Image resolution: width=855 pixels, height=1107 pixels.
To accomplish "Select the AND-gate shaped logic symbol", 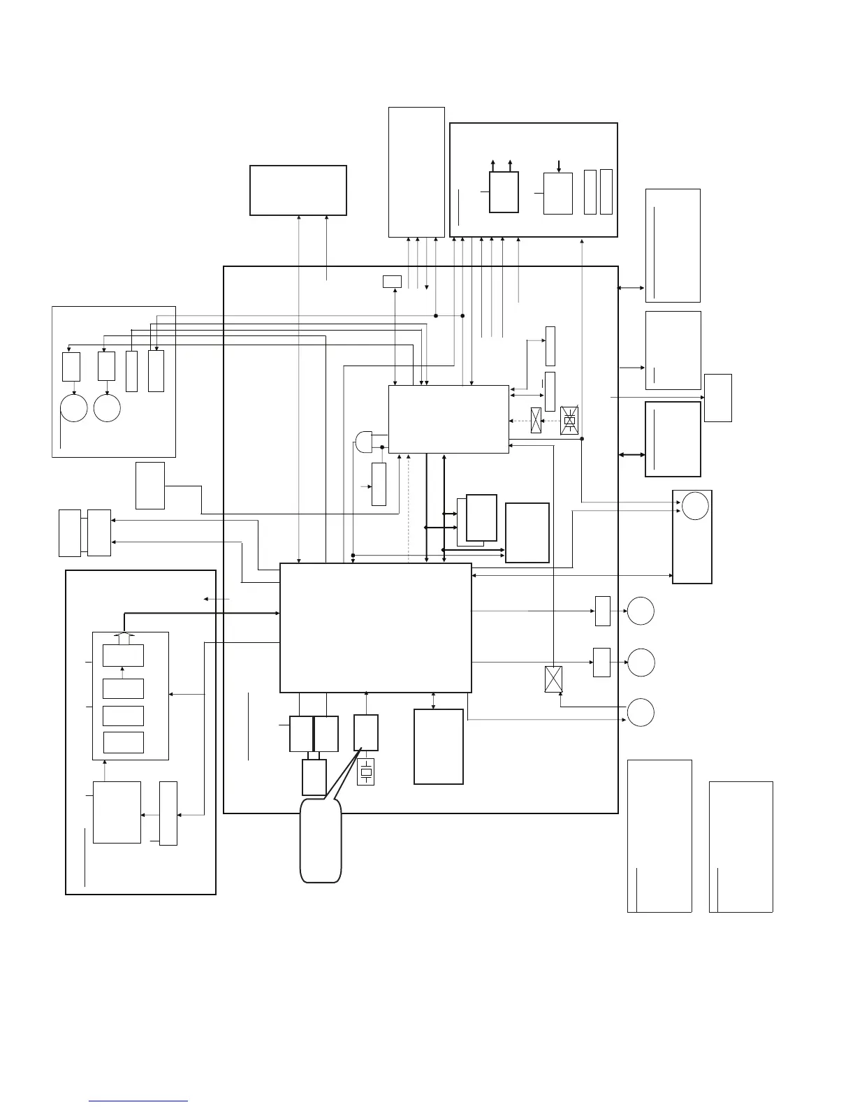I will [x=364, y=441].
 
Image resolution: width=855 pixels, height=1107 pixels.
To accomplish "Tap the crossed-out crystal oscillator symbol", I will [x=570, y=419].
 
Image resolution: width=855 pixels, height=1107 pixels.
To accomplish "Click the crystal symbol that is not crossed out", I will [x=365, y=772].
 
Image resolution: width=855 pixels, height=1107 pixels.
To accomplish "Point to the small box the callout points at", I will [x=366, y=732].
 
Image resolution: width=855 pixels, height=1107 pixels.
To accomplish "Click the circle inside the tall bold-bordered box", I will [x=695, y=505].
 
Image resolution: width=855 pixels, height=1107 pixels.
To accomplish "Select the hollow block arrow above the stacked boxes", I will [x=124, y=637].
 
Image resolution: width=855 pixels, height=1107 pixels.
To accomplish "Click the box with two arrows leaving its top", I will [x=504, y=192].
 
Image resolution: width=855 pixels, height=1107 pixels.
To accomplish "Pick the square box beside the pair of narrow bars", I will [x=557, y=193].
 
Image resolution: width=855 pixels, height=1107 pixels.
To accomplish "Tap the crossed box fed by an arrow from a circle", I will [x=553, y=679].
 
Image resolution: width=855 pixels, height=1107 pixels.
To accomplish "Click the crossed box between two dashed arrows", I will [x=536, y=420].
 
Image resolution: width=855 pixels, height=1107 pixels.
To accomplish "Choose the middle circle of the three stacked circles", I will [x=641, y=662].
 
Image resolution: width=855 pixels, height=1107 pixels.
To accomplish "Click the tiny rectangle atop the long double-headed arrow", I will [x=393, y=281].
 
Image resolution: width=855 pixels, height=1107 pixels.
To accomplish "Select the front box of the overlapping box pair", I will [x=481, y=517].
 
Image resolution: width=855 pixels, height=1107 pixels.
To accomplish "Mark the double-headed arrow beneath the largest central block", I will [x=434, y=701].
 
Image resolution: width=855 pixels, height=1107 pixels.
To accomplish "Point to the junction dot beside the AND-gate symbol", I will [x=383, y=447].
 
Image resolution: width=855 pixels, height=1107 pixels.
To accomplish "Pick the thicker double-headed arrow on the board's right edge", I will [x=631, y=455].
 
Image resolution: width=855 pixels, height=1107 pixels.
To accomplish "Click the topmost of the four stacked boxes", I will [x=123, y=656].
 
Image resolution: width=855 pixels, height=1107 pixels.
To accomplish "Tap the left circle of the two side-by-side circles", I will [x=73, y=408].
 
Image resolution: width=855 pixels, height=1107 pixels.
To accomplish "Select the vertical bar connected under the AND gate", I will [x=379, y=484].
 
